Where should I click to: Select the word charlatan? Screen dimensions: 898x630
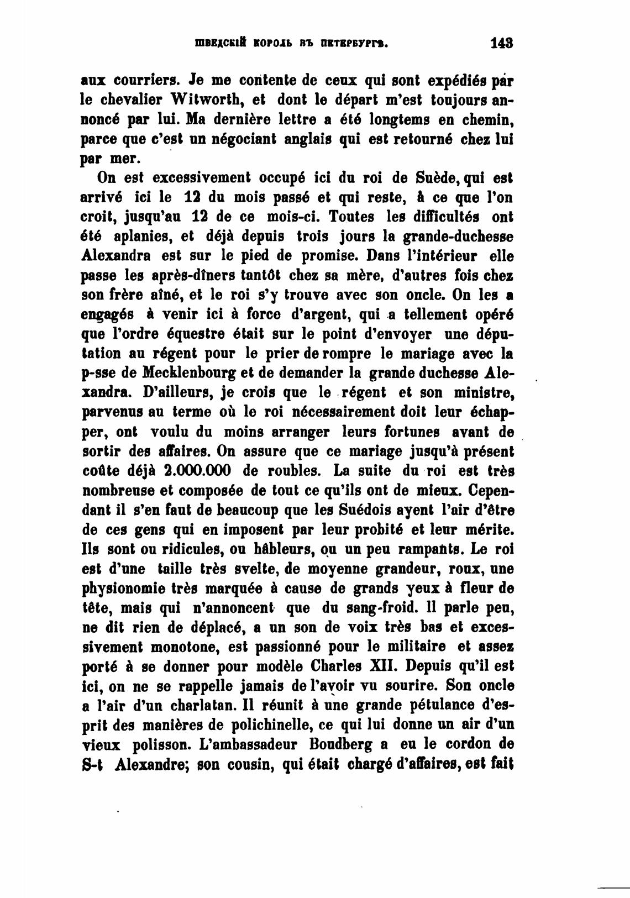[176, 705]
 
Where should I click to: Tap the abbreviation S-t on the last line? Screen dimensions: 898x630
[93, 764]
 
